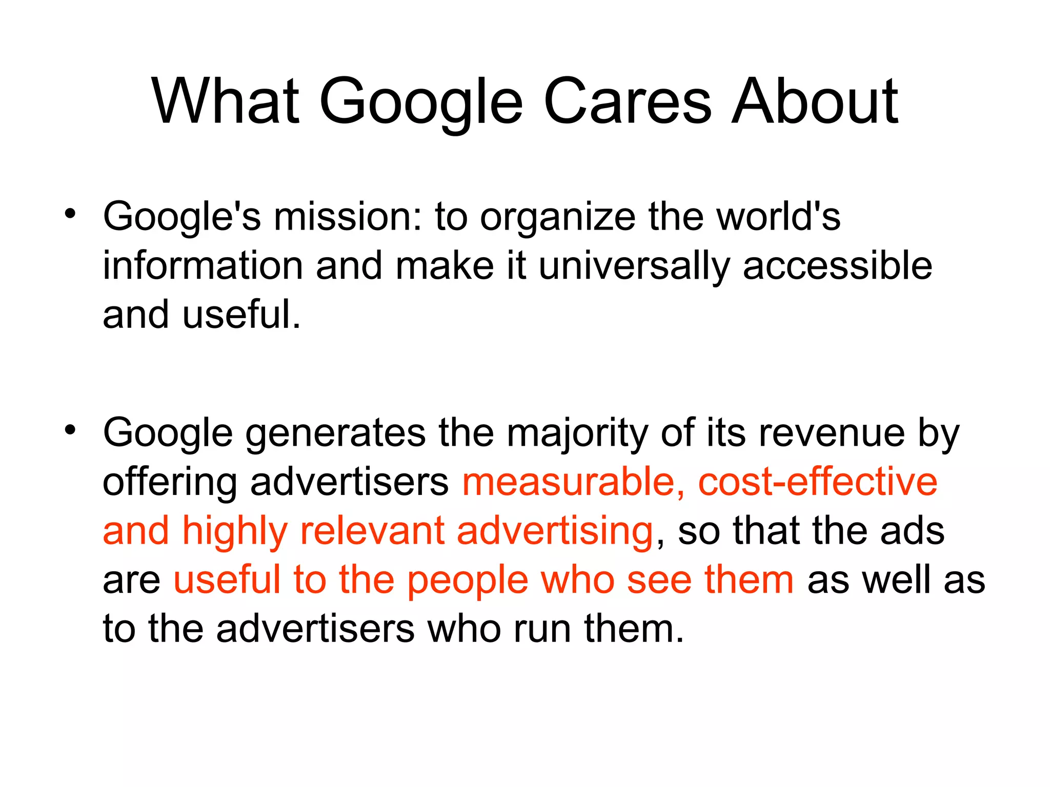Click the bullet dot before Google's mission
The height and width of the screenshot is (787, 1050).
pyautogui.click(x=70, y=213)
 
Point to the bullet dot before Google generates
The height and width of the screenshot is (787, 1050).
pyautogui.click(x=70, y=429)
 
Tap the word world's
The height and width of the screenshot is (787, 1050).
pyautogui.click(x=778, y=216)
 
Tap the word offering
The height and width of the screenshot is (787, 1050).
pyautogui.click(x=170, y=483)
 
